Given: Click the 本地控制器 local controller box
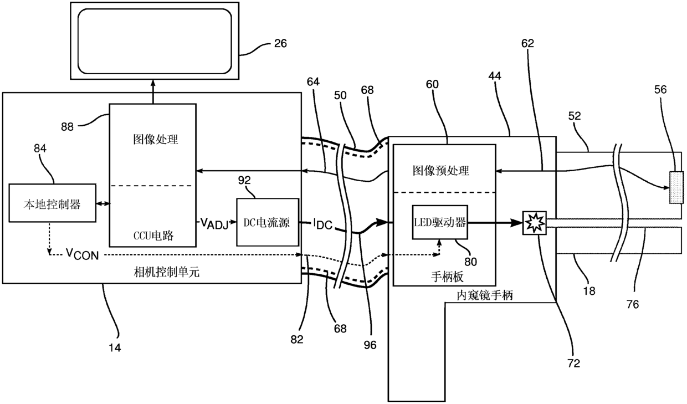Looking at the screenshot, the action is click(x=52, y=203).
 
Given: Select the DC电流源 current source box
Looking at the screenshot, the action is click(x=268, y=222).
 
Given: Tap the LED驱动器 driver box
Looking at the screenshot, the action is click(x=440, y=222).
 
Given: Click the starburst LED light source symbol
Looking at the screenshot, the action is click(x=535, y=223).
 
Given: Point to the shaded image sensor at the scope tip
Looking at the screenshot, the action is click(x=676, y=187).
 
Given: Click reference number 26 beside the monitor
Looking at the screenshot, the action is click(x=280, y=44).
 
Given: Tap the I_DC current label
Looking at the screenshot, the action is click(x=322, y=224).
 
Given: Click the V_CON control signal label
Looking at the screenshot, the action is click(x=83, y=254).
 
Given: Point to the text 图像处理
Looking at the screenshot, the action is click(x=156, y=140).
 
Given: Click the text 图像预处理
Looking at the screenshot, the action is click(x=440, y=171).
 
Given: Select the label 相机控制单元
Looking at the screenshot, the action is click(x=167, y=272).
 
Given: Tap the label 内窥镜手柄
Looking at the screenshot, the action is click(x=485, y=295).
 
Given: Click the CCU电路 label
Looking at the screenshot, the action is click(x=153, y=236).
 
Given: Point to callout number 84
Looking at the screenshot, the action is click(x=40, y=149).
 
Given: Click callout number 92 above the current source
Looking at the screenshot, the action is click(x=244, y=180).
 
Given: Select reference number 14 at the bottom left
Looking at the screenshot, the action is click(x=115, y=348).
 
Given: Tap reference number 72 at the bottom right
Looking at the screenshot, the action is click(x=573, y=364).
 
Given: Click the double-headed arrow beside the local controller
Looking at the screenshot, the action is click(x=102, y=203).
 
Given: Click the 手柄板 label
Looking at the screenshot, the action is click(x=447, y=277).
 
